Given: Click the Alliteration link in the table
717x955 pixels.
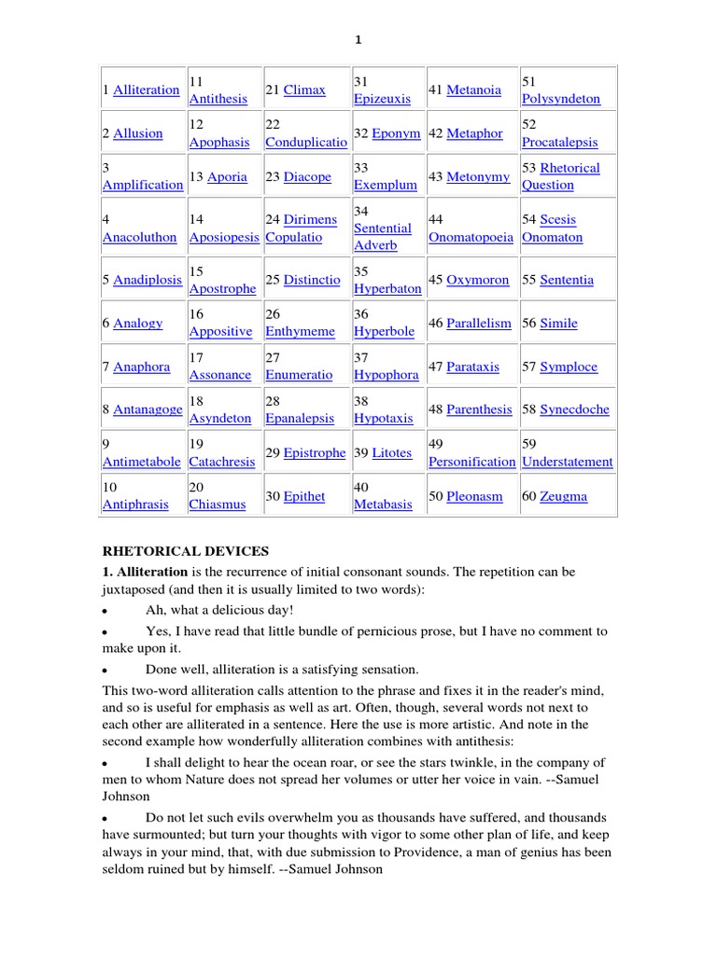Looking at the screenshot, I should pyautogui.click(x=146, y=90).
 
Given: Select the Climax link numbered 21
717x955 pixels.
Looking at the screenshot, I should pyautogui.click(x=304, y=90).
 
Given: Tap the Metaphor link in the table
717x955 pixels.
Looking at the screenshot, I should pyautogui.click(x=474, y=133).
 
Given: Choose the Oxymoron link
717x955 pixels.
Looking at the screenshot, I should pyautogui.click(x=478, y=280).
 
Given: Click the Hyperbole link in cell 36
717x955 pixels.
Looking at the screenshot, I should pyautogui.click(x=384, y=331).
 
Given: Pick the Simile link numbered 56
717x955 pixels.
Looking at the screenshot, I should pyautogui.click(x=558, y=324).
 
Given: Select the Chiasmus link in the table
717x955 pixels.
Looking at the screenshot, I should pyautogui.click(x=218, y=505).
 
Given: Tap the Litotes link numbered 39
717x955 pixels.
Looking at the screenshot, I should pyautogui.click(x=391, y=453).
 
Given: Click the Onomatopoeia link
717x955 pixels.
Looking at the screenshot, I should pyautogui.click(x=471, y=237).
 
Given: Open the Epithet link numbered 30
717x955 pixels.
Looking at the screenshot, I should pyautogui.click(x=304, y=496).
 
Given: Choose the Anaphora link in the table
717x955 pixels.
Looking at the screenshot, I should pyautogui.click(x=142, y=367).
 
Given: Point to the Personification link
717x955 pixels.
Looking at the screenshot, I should pyautogui.click(x=471, y=462).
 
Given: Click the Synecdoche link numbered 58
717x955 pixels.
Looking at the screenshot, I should pyautogui.click(x=574, y=409).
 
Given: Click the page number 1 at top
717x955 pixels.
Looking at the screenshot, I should pyautogui.click(x=358, y=39).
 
